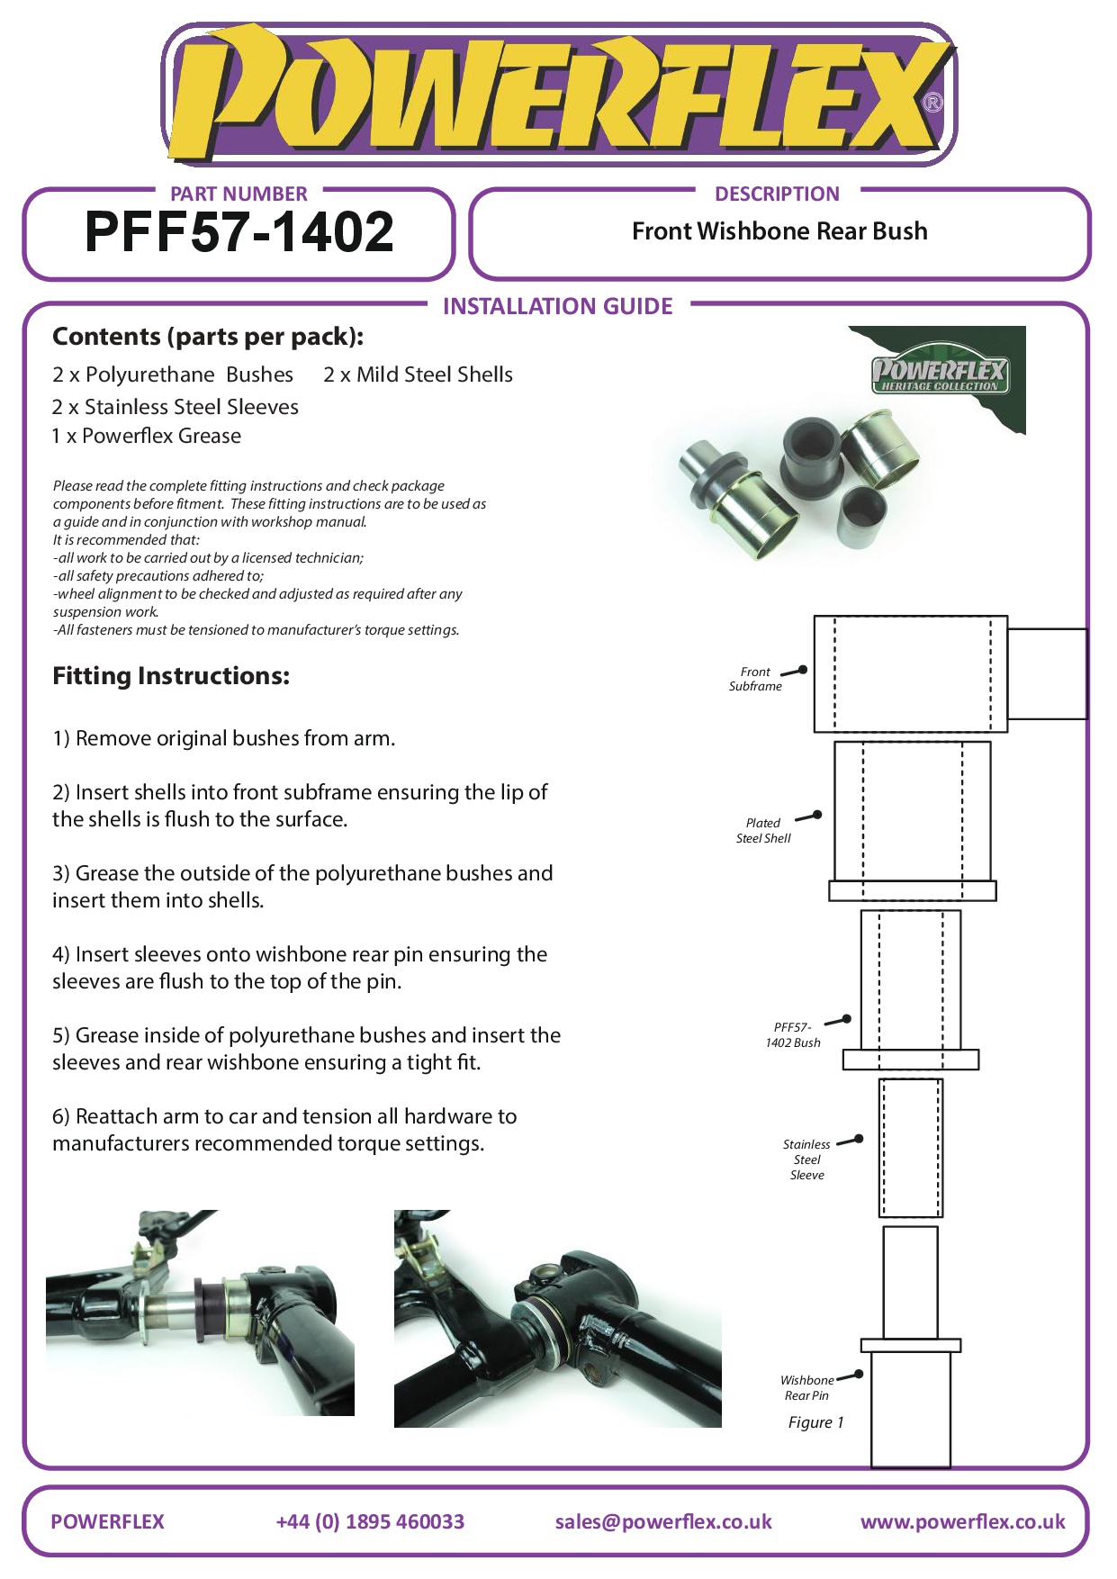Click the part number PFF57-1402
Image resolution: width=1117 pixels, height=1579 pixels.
(239, 232)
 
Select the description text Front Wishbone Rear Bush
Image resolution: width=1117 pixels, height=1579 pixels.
(779, 231)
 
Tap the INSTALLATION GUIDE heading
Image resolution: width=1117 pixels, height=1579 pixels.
(557, 307)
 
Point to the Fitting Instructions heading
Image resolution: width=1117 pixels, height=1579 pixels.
(171, 676)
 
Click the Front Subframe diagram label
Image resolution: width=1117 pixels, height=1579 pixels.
(755, 679)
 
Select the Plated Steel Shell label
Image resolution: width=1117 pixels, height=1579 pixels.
(763, 830)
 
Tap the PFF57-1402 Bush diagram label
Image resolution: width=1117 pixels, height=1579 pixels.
(793, 1034)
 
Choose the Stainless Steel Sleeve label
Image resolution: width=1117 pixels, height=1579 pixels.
(806, 1159)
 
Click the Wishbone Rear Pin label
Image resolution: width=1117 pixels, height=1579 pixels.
(806, 1387)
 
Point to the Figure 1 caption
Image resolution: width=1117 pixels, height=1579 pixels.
(815, 1422)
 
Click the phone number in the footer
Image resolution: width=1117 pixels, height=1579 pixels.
(370, 1521)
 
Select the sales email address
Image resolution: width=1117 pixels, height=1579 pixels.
(663, 1521)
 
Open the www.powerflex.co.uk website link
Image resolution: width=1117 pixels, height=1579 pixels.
(962, 1521)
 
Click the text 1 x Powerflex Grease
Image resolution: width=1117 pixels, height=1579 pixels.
(147, 436)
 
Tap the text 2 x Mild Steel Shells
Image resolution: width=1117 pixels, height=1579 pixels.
(418, 374)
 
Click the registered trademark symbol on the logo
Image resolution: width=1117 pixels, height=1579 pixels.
(933, 103)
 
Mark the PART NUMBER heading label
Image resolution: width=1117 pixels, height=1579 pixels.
(239, 194)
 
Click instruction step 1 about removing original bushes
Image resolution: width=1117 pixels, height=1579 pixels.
(223, 738)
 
